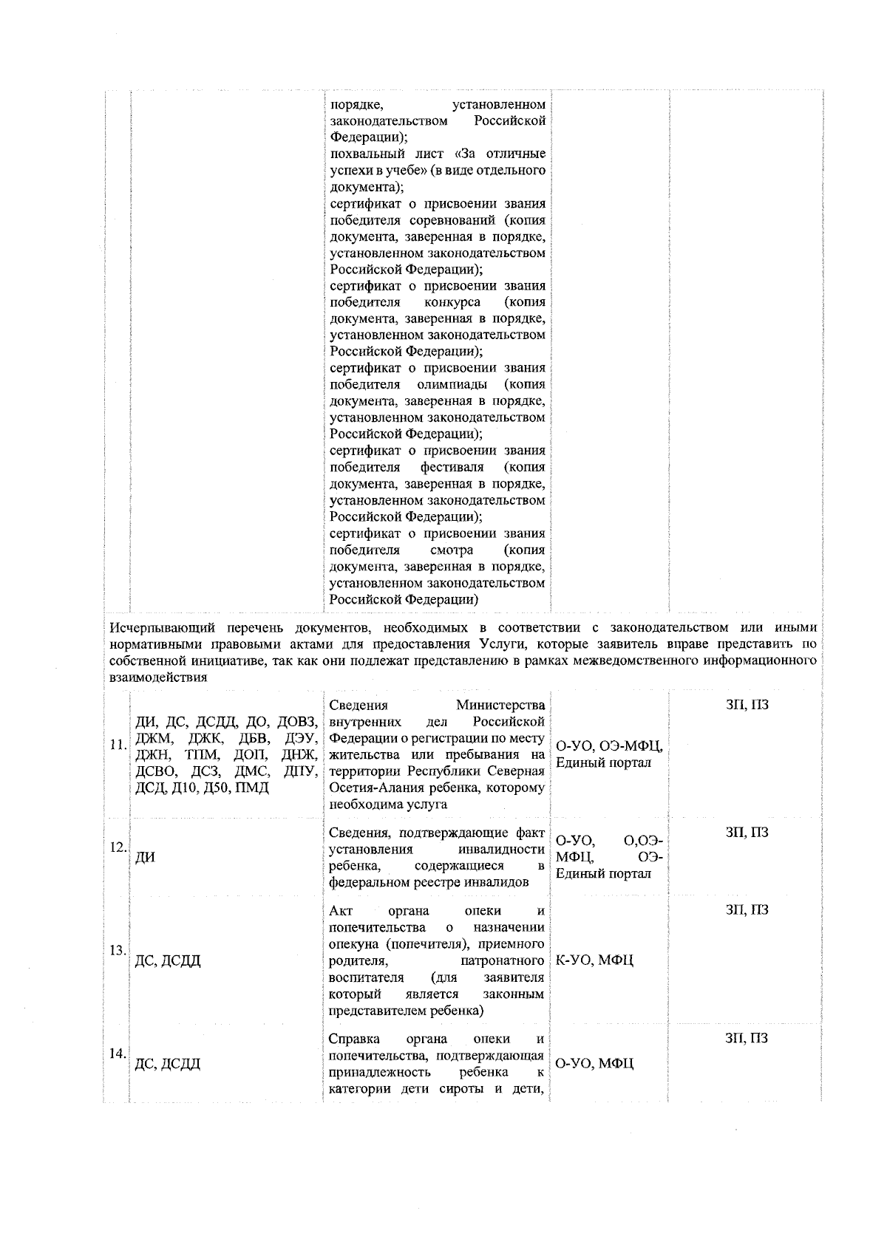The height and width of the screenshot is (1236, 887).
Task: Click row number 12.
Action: [x=117, y=847]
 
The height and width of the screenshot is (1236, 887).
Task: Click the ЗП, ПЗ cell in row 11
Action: [x=747, y=705]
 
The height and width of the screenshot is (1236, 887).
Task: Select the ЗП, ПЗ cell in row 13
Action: [x=747, y=909]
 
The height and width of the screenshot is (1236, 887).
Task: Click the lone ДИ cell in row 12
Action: [x=145, y=858]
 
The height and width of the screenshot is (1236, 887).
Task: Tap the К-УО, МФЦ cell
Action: [x=594, y=960]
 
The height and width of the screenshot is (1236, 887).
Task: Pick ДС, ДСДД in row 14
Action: [x=168, y=1064]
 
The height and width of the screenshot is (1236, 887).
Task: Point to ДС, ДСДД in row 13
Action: [x=168, y=960]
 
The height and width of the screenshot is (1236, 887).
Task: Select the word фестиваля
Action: [x=452, y=468]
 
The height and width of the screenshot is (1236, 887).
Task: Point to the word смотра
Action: [x=451, y=550]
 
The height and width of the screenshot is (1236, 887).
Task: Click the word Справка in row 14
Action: [x=352, y=1039]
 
